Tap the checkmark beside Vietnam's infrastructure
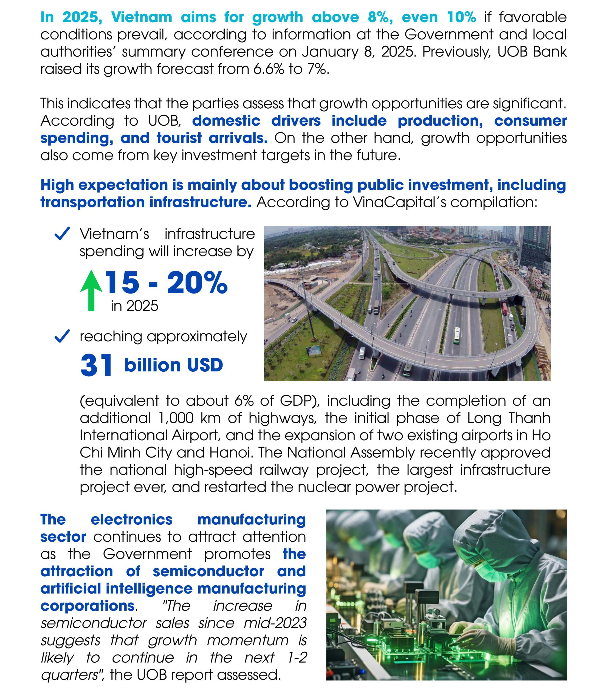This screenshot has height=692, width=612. coord(62,234)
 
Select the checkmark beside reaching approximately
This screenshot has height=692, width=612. coord(62,336)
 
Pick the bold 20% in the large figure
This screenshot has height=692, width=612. coord(197,283)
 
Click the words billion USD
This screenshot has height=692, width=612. coord(173,365)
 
